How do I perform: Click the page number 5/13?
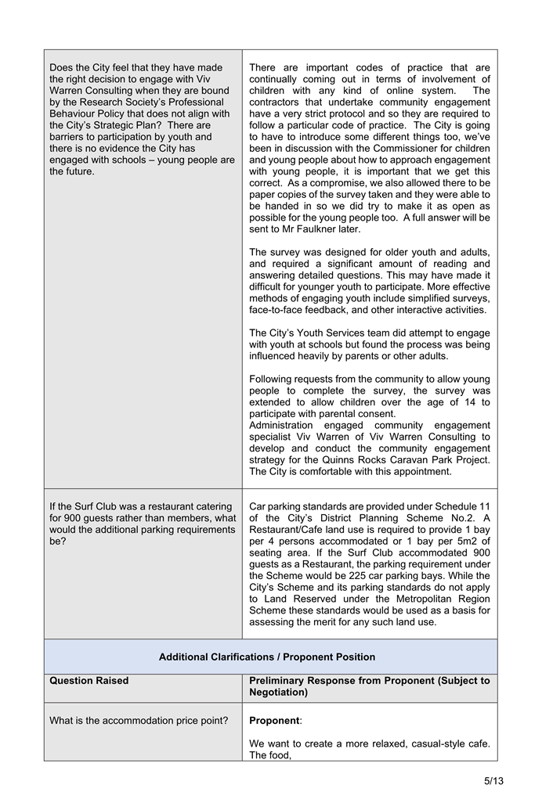pos(493,780)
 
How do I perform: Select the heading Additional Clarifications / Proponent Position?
pos(267,657)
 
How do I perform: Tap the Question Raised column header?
pos(89,681)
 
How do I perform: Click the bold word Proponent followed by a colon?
pos(274,720)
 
